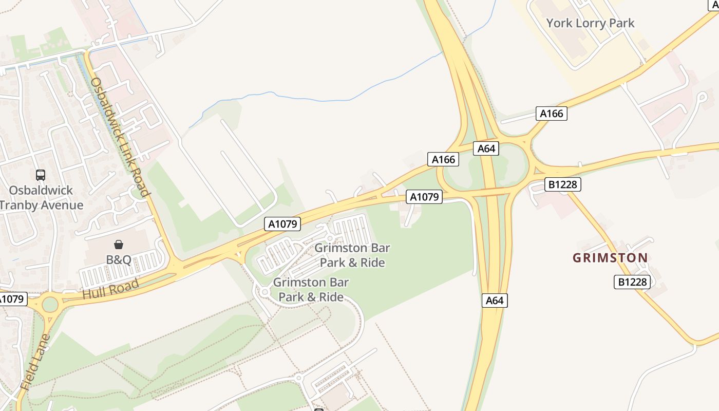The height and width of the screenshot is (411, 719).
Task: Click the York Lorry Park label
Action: point(590,23)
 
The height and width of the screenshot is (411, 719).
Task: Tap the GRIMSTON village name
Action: point(610,258)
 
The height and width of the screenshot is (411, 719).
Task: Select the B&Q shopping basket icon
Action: point(119,245)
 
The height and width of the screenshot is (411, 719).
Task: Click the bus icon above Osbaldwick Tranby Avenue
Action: point(41,175)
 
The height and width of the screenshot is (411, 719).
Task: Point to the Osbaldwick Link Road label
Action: point(119,137)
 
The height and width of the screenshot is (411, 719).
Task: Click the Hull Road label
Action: point(110,289)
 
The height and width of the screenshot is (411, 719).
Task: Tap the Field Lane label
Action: point(35,363)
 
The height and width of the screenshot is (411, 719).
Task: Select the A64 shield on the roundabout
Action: point(486,148)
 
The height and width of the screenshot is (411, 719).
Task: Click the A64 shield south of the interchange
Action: point(495,301)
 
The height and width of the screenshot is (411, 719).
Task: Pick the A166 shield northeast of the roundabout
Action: point(552,114)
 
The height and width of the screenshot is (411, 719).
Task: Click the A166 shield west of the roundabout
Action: point(443,159)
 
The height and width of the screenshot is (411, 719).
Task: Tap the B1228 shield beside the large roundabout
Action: point(562,184)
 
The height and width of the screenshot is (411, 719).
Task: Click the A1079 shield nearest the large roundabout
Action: point(424,196)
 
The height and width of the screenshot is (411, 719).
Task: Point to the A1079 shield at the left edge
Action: point(11,298)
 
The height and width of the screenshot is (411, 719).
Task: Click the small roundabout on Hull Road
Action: point(50,304)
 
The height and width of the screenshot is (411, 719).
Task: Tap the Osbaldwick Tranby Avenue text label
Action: point(41,198)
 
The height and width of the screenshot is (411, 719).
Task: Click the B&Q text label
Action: point(119,259)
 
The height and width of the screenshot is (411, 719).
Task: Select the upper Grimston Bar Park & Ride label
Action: point(352,255)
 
